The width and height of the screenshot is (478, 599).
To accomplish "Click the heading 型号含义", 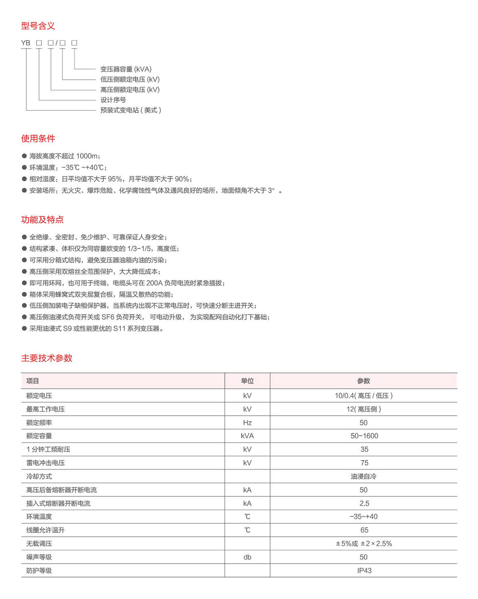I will point(38,26).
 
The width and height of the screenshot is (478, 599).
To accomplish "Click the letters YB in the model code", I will point(25,43).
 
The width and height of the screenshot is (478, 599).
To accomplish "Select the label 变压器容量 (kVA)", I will point(126,69).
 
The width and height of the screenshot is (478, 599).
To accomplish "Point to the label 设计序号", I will point(113,100).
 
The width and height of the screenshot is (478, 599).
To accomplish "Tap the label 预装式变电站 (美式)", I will point(131,110).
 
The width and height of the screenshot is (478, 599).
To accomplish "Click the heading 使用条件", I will point(38,139).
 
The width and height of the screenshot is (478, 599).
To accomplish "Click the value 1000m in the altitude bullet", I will point(87,156).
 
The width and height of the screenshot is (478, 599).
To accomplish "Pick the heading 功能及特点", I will point(42,219).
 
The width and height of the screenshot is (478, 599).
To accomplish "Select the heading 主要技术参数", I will point(47,358).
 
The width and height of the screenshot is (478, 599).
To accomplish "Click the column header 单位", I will point(247,381).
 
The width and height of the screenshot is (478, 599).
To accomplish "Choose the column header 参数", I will point(364,381).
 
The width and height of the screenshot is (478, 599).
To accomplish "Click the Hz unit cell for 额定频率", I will point(247,423).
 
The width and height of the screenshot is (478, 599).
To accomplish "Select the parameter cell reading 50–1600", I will point(364,436).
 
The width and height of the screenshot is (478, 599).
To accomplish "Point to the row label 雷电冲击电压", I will point(45,463).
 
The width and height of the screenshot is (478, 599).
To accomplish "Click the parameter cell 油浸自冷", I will point(364,476).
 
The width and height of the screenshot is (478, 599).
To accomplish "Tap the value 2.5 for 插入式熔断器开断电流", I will point(364,503).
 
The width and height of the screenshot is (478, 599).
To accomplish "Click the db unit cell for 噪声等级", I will point(247,557).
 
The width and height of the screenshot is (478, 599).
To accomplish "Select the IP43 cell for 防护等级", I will point(364,571).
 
